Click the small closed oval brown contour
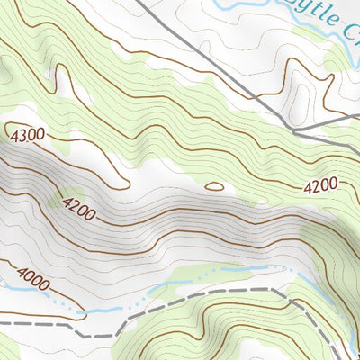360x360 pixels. pos(214,186)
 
